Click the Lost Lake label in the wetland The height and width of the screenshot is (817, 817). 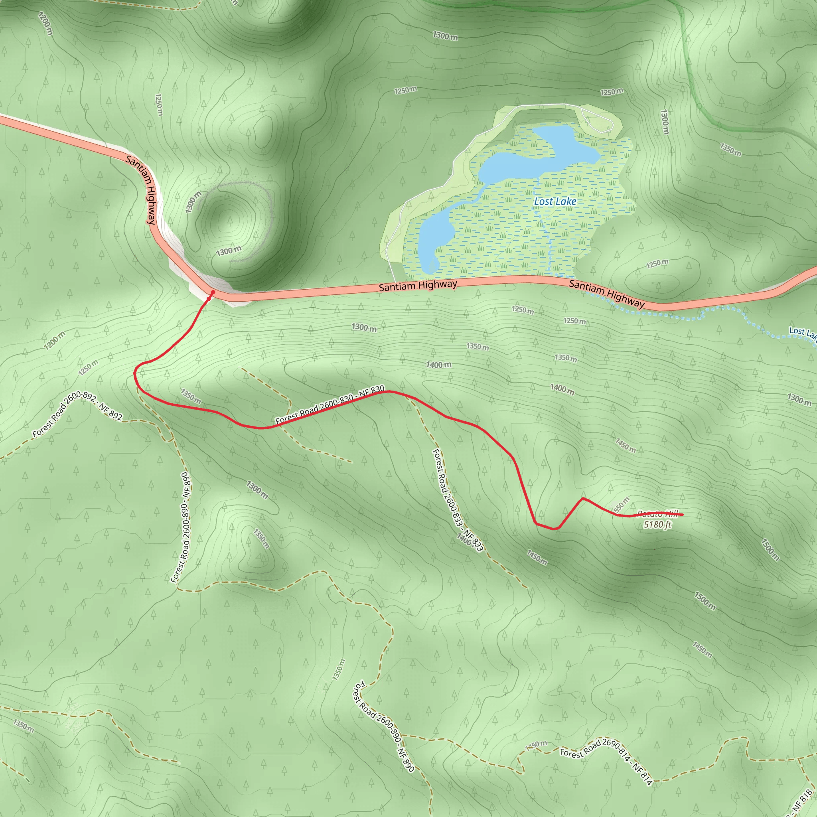click(x=555, y=202)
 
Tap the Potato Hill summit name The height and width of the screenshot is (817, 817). click(x=657, y=514)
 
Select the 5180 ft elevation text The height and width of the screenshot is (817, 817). click(x=657, y=525)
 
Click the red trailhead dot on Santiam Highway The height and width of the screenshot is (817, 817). click(x=213, y=292)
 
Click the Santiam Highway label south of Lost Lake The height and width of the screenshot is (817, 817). click(x=418, y=286)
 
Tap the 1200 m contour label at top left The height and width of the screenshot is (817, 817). click(x=45, y=23)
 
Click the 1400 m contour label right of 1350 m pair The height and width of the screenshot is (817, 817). click(x=562, y=389)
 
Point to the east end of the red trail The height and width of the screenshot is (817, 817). click(x=683, y=515)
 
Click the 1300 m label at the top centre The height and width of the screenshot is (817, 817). click(x=445, y=36)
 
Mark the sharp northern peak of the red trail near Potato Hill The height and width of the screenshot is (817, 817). click(x=583, y=499)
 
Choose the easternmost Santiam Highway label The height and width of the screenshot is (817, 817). click(x=606, y=294)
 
